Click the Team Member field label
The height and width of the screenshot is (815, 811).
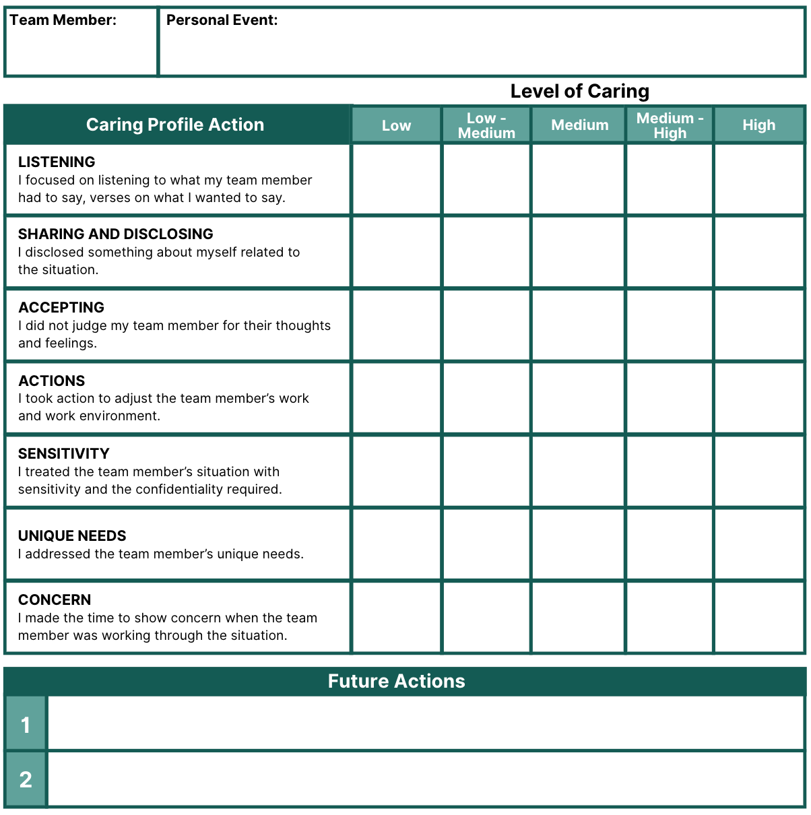pyautogui.click(x=63, y=20)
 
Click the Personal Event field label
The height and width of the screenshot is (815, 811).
pyautogui.click(x=222, y=20)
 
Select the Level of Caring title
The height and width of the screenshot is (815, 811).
pyautogui.click(x=579, y=91)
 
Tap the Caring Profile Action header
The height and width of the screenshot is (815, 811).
pyautogui.click(x=175, y=125)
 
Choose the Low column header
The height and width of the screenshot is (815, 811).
pyautogui.click(x=396, y=125)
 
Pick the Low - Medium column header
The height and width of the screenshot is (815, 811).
pyautogui.click(x=486, y=125)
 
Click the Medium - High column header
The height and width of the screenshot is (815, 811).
pyautogui.click(x=670, y=125)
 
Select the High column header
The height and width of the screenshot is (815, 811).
pyautogui.click(x=758, y=125)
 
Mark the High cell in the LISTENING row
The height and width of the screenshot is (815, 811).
pyautogui.click(x=759, y=180)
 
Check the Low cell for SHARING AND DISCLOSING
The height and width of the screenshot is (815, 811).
pyautogui.click(x=396, y=253)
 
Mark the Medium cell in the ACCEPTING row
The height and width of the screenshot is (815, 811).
pyautogui.click(x=578, y=325)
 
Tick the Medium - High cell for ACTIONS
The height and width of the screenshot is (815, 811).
pyautogui.click(x=670, y=398)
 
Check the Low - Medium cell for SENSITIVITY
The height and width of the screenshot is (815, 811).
pyautogui.click(x=486, y=471)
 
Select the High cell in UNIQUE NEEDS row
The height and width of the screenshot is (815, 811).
pyautogui.click(x=759, y=544)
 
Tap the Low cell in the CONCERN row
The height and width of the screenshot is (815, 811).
pyautogui.click(x=396, y=618)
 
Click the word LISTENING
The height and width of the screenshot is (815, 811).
pyautogui.click(x=57, y=162)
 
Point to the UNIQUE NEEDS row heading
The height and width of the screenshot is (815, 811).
pyautogui.click(x=72, y=535)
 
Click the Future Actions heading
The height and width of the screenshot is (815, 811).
pyautogui.click(x=396, y=681)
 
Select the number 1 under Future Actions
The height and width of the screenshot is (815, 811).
pyautogui.click(x=26, y=725)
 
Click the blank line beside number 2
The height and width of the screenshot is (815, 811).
pyautogui.click(x=426, y=779)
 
